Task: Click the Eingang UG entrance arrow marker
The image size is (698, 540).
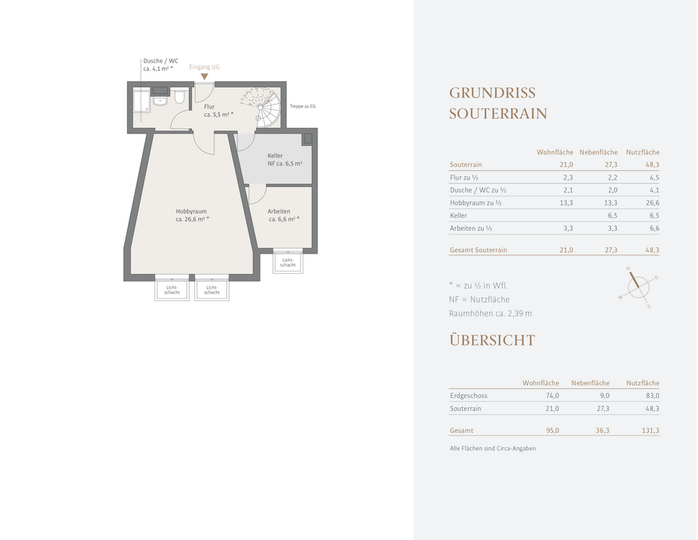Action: (x=204, y=76)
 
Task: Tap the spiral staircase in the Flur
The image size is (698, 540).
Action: (x=263, y=107)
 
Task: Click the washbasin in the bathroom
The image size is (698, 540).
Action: (x=160, y=101)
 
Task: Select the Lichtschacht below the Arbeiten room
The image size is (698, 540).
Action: (x=288, y=262)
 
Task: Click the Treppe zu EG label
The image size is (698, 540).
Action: (x=303, y=106)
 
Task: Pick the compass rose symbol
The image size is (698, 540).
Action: (x=638, y=287)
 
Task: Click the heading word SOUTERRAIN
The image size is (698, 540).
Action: (x=498, y=114)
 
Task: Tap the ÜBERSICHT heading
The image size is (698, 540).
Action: (x=492, y=340)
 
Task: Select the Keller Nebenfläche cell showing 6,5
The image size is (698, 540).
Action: (x=612, y=215)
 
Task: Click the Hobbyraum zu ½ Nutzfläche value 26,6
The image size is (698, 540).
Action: (x=652, y=203)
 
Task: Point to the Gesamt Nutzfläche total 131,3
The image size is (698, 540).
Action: (x=650, y=431)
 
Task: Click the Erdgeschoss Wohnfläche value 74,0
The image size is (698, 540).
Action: (x=552, y=396)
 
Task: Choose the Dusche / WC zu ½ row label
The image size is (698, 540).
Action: (x=478, y=190)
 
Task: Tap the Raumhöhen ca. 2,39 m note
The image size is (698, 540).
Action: (x=490, y=313)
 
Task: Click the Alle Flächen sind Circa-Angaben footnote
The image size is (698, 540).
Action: (x=493, y=449)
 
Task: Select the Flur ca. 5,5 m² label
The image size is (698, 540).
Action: (x=218, y=111)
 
